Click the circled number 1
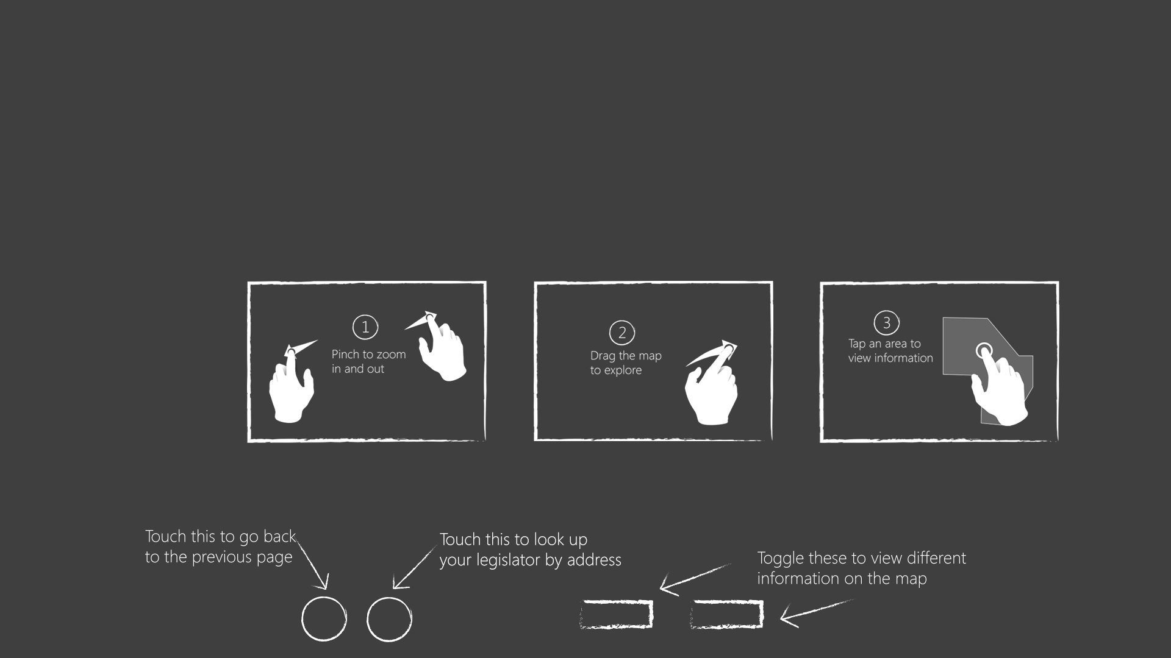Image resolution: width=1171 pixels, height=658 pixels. tap(365, 327)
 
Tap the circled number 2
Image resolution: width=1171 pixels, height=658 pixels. tap(622, 333)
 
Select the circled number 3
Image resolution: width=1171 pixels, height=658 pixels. tap(887, 323)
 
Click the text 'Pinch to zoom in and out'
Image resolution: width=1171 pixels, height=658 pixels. tap(368, 361)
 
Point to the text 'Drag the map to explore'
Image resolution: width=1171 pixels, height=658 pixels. tap(626, 363)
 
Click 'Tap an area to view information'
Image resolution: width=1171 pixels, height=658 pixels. tap(890, 351)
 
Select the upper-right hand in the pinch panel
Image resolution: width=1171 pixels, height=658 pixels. tap(437, 345)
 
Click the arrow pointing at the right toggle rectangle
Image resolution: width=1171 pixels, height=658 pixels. tap(816, 613)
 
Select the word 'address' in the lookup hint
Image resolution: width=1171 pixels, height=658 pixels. tap(594, 560)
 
